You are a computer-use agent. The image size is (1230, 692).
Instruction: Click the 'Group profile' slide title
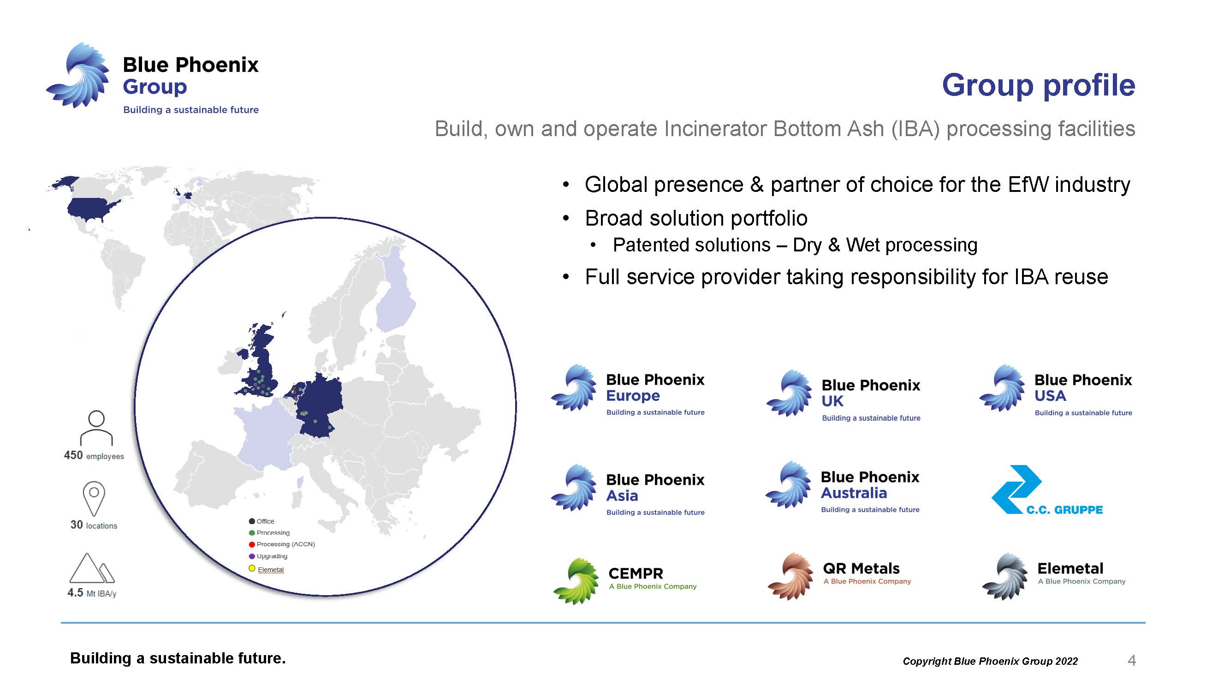click(1038, 85)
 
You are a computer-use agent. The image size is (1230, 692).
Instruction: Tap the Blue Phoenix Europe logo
click(627, 389)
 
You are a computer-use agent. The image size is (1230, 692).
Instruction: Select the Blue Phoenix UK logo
click(843, 394)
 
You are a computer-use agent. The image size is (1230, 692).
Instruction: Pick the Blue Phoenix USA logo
click(1055, 390)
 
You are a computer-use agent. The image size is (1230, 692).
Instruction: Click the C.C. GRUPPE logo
click(1046, 490)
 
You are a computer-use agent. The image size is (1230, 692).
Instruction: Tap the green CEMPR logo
click(624, 581)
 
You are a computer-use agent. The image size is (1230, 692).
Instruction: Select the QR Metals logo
click(839, 576)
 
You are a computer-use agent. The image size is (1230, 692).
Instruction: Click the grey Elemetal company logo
click(1053, 576)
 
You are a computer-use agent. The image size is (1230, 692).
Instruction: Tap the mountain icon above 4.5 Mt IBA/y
click(92, 568)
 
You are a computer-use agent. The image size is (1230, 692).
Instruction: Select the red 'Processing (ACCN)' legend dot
click(252, 544)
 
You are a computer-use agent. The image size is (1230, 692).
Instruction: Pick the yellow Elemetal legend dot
click(252, 568)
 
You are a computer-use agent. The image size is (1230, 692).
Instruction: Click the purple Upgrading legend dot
click(252, 556)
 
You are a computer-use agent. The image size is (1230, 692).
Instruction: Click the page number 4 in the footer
click(1131, 661)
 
